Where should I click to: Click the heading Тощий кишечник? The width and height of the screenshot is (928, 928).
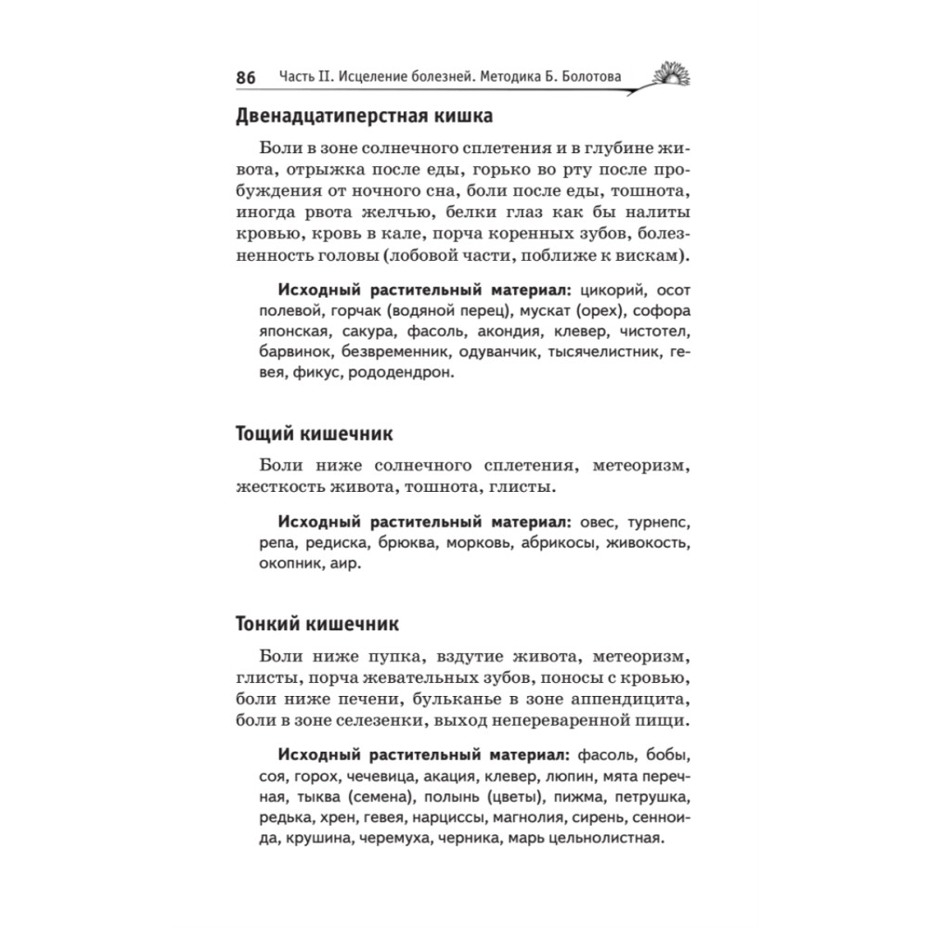(x=315, y=433)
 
